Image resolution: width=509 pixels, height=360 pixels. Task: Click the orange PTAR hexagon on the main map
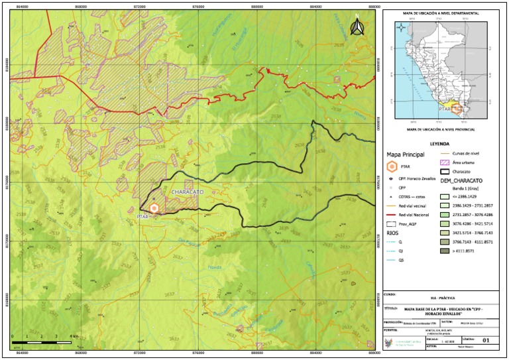154,208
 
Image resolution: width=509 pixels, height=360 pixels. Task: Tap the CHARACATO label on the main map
187,192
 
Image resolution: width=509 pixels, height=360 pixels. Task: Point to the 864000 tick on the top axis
22,7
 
